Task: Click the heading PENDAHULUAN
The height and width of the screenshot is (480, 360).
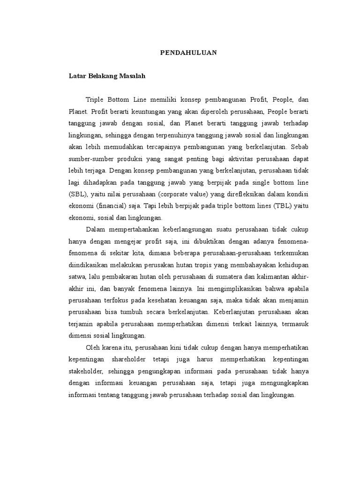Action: pyautogui.click(x=186, y=52)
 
